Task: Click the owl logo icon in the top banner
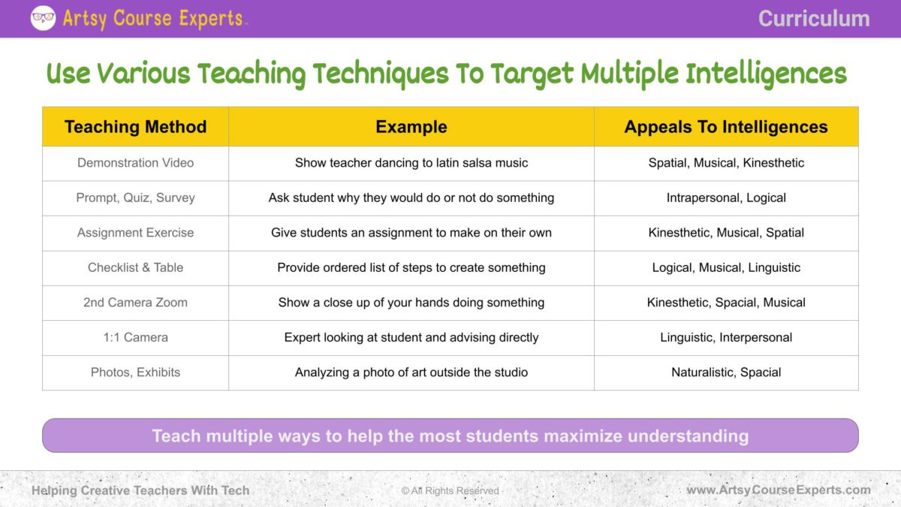tap(43, 18)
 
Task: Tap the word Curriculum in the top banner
tap(813, 19)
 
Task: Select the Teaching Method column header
tap(135, 127)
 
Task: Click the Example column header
tap(411, 127)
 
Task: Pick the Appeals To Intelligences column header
tap(726, 127)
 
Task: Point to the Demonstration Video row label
tap(135, 163)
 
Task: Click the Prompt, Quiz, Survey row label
tap(135, 198)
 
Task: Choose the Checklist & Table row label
tap(135, 267)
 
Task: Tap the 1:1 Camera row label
tap(135, 337)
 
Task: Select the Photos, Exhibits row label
tap(135, 372)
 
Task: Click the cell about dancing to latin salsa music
tap(411, 163)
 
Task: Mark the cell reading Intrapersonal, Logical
tap(726, 198)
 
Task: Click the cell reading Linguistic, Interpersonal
tap(726, 337)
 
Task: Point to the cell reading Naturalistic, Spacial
tap(726, 372)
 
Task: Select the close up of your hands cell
tap(411, 302)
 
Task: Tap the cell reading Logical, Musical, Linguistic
tap(726, 267)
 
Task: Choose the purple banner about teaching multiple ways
tap(450, 436)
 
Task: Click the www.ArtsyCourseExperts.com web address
tap(778, 490)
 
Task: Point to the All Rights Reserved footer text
tap(450, 490)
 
